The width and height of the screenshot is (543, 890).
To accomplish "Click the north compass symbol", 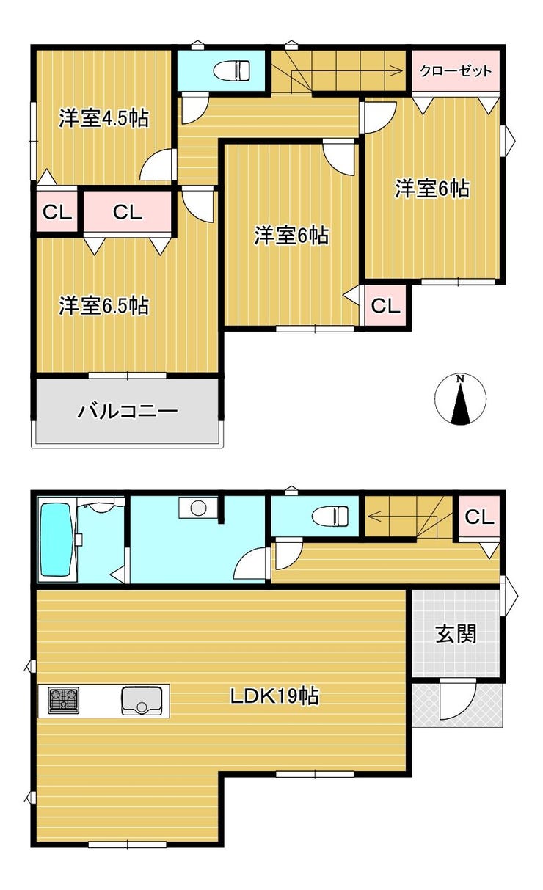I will pyautogui.click(x=460, y=400).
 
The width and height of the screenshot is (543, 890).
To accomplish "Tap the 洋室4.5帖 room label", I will pyautogui.click(x=103, y=118).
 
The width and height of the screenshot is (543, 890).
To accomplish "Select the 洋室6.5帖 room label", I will pyautogui.click(x=103, y=305).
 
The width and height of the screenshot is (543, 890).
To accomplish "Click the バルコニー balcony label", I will pyautogui.click(x=128, y=411).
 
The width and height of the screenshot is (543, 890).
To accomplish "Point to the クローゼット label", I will pyautogui.click(x=456, y=71).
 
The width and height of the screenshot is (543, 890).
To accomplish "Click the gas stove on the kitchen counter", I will pyautogui.click(x=64, y=700).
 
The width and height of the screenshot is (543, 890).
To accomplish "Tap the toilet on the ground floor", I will pyautogui.click(x=329, y=517).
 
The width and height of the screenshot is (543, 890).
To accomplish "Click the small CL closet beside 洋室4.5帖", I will pyautogui.click(x=57, y=213).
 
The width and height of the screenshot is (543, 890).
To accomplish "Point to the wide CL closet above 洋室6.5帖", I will pyautogui.click(x=128, y=213).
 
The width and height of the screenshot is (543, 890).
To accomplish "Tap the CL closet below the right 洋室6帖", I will pyautogui.click(x=385, y=306).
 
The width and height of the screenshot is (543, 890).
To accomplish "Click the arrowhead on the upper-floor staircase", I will pyautogui.click(x=397, y=71).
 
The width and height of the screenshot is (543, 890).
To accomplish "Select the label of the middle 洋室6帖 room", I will pyautogui.click(x=291, y=236).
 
